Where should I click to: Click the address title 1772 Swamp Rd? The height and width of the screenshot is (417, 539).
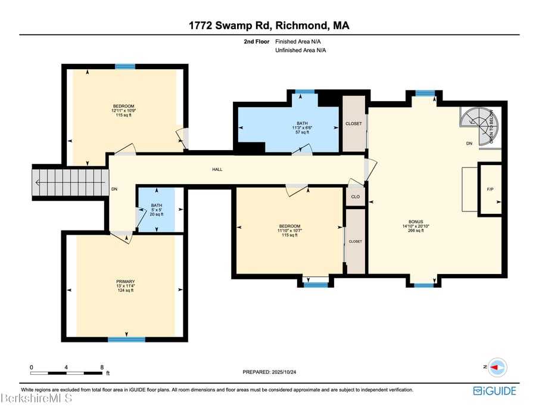click(x=230, y=26)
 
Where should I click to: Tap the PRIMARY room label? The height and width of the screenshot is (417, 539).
click(x=126, y=282)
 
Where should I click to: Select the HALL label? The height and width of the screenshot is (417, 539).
click(x=217, y=169)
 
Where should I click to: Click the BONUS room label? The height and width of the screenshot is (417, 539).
click(x=416, y=222)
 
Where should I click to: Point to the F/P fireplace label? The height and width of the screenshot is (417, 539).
click(x=490, y=189)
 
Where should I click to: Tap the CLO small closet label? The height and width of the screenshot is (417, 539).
click(x=356, y=197)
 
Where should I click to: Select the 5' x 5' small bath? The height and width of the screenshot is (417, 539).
click(x=157, y=210)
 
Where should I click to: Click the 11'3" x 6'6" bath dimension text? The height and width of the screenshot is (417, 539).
click(x=303, y=127)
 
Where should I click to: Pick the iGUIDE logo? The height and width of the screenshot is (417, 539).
click(x=495, y=391)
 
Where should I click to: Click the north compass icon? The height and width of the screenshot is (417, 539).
click(x=497, y=368)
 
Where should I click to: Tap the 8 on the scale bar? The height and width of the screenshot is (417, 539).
click(x=102, y=367)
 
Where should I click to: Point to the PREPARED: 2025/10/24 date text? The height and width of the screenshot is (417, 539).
click(x=269, y=372)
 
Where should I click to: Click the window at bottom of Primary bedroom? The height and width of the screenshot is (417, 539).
click(x=126, y=340)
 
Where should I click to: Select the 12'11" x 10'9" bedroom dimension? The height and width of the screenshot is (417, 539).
click(x=124, y=111)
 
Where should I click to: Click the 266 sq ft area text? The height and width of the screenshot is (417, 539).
click(x=416, y=231)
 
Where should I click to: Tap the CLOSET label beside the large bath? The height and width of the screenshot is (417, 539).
click(x=354, y=123)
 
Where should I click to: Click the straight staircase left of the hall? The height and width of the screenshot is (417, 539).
click(x=70, y=182)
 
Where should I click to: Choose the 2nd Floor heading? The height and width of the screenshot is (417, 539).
click(x=257, y=42)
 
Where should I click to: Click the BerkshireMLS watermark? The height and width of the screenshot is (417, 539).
click(x=36, y=398)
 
